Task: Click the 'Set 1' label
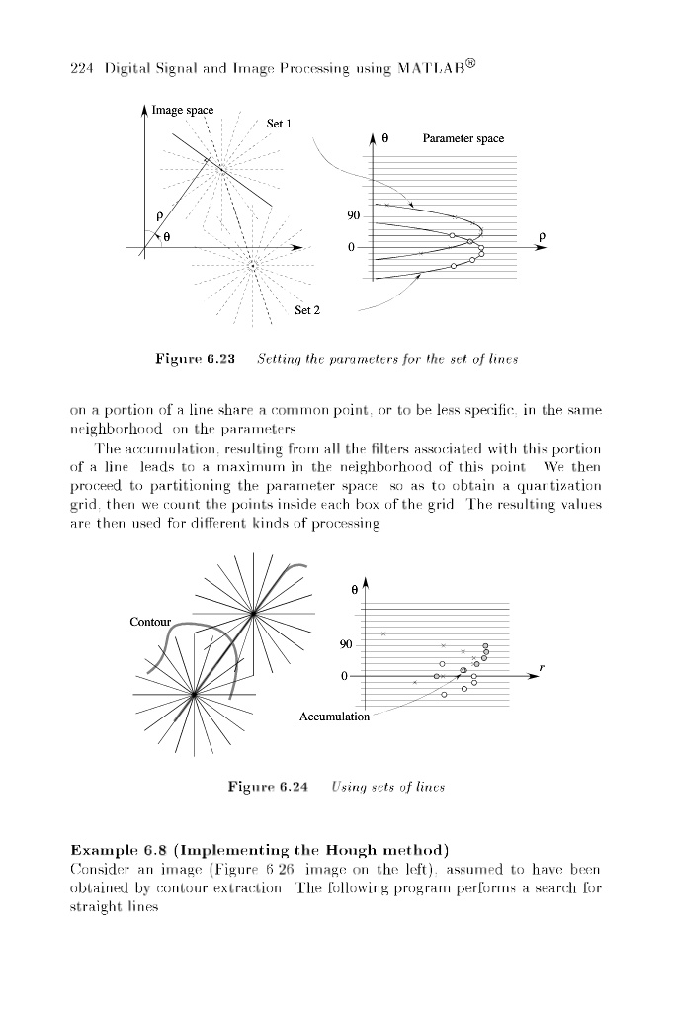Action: click(x=282, y=124)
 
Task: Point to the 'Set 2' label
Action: click(x=307, y=310)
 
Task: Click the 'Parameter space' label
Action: click(x=463, y=139)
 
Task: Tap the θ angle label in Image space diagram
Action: click(x=166, y=237)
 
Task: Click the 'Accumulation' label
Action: click(x=334, y=717)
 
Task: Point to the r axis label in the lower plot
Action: click(x=542, y=668)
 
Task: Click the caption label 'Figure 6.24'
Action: click(x=268, y=787)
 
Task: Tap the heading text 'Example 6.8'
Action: click(x=108, y=850)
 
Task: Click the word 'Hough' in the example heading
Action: click(x=362, y=850)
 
